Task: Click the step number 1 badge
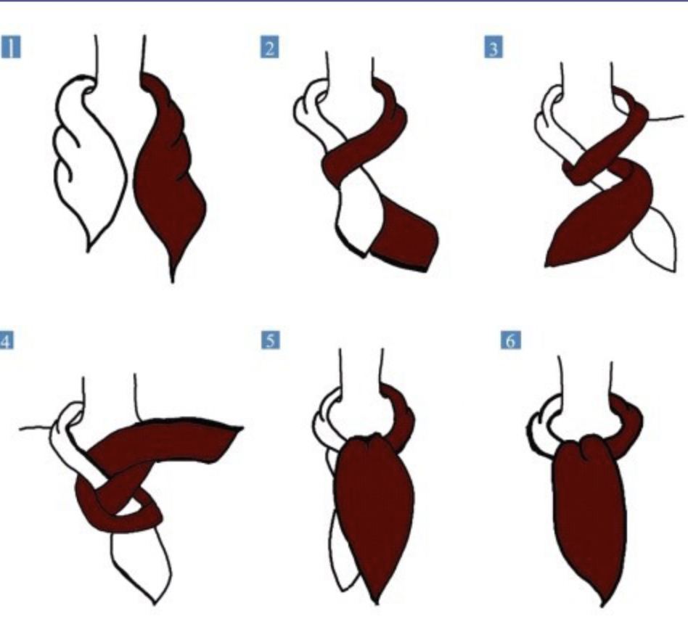coord(11,47)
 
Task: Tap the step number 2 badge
coord(270,47)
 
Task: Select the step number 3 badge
coord(494,48)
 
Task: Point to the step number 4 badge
coord(6,340)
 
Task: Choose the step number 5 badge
coord(270,340)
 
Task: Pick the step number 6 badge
coord(511,340)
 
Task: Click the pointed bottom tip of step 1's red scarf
coord(172,282)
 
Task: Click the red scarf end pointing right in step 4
coord(176,439)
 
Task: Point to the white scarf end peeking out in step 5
coord(345,553)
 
